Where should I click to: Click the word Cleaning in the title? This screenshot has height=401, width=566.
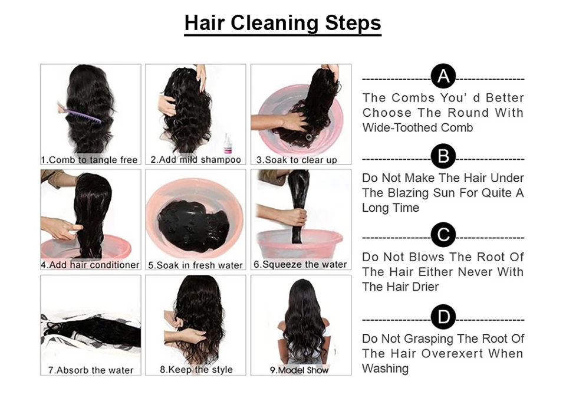pyautogui.click(x=275, y=23)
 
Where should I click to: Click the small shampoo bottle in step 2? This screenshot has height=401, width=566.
pyautogui.click(x=228, y=144)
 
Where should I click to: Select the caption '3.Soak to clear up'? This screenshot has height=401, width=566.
pyautogui.click(x=297, y=160)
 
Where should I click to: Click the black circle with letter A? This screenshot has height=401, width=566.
pyautogui.click(x=443, y=77)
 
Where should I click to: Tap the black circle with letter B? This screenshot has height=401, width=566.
pyautogui.click(x=443, y=157)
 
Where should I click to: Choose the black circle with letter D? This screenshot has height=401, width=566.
pyautogui.click(x=443, y=317)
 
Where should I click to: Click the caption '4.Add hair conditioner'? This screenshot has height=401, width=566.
pyautogui.click(x=90, y=265)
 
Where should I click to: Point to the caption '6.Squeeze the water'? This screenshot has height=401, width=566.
pyautogui.click(x=300, y=265)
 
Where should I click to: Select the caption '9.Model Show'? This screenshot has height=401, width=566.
pyautogui.click(x=300, y=370)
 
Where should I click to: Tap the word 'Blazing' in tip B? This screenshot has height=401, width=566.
pyautogui.click(x=409, y=193)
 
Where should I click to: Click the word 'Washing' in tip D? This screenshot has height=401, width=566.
pyautogui.click(x=385, y=369)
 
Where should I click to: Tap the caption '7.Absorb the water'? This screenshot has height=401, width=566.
pyautogui.click(x=91, y=370)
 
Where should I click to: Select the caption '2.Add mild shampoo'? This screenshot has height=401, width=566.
pyautogui.click(x=196, y=160)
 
